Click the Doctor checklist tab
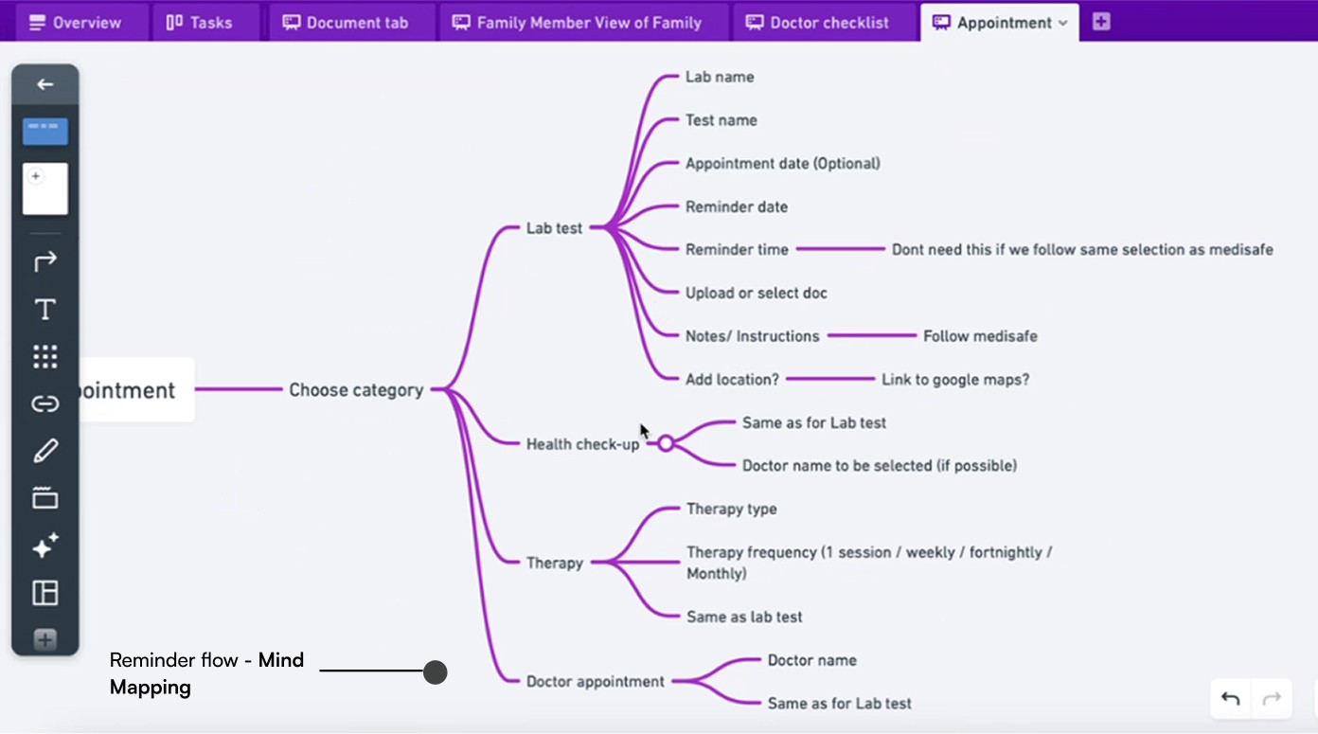[818, 23]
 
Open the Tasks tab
[199, 23]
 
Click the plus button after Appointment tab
[1100, 22]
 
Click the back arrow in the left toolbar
[45, 84]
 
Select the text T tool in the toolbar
[45, 310]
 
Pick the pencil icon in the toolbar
[45, 451]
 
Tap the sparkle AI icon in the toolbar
[45, 546]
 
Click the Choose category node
[355, 390]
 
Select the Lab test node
[554, 228]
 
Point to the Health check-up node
[582, 444]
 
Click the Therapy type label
[731, 509]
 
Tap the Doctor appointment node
[595, 682]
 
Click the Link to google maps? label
[954, 380]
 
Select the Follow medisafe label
[980, 336]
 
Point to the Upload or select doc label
[756, 294]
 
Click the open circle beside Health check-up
[666, 443]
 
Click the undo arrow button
[1230, 699]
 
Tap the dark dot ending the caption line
[435, 672]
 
